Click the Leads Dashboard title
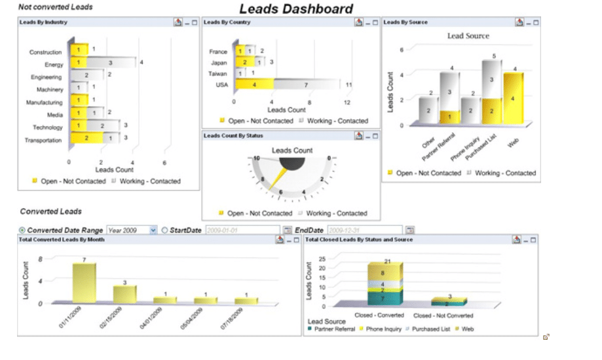click(x=295, y=9)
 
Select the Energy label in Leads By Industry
click(x=54, y=65)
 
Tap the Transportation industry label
click(x=43, y=140)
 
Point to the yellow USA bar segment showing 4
click(x=254, y=84)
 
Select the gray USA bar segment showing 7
click(x=305, y=85)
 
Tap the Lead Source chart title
click(x=468, y=36)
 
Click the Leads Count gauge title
click(x=292, y=151)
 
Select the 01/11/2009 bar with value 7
click(x=84, y=283)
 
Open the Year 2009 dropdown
click(x=153, y=230)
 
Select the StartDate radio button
click(x=164, y=230)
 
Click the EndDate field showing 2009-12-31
click(x=364, y=230)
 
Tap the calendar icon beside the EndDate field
click(x=410, y=230)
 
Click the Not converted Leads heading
click(x=55, y=7)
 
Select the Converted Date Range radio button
click(x=23, y=230)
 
